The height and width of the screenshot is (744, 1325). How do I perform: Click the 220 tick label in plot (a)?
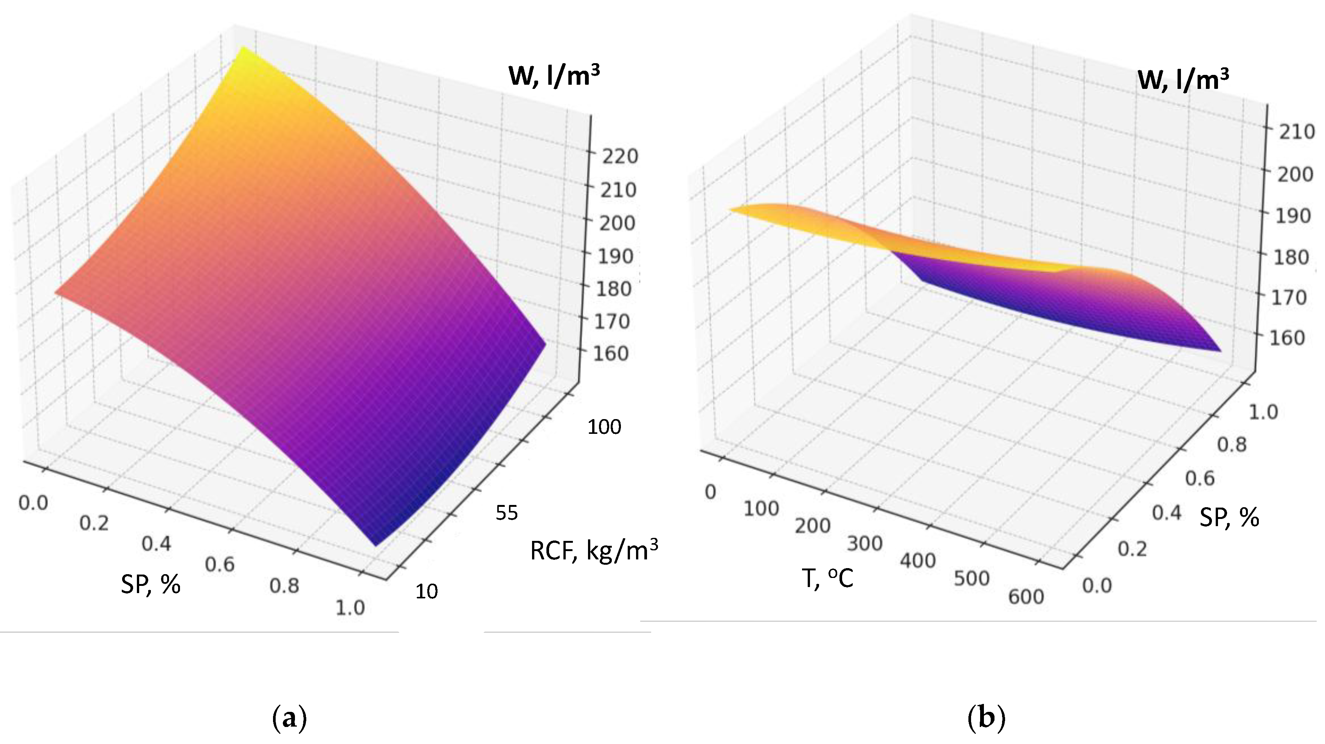point(620,157)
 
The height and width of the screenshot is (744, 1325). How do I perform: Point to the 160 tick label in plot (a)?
point(612,354)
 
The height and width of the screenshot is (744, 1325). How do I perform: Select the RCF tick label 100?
point(604,427)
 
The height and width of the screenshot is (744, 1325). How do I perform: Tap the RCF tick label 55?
point(507,513)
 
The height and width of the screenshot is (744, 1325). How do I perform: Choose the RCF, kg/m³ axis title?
point(594,551)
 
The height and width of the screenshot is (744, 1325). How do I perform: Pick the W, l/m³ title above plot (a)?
point(554,77)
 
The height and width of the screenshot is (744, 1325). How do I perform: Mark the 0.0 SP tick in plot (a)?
point(33,503)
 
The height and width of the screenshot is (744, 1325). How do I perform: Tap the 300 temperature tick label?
point(865,544)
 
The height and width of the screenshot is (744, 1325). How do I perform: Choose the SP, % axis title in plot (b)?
point(1229,517)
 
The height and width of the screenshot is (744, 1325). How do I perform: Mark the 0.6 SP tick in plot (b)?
point(1200,479)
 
